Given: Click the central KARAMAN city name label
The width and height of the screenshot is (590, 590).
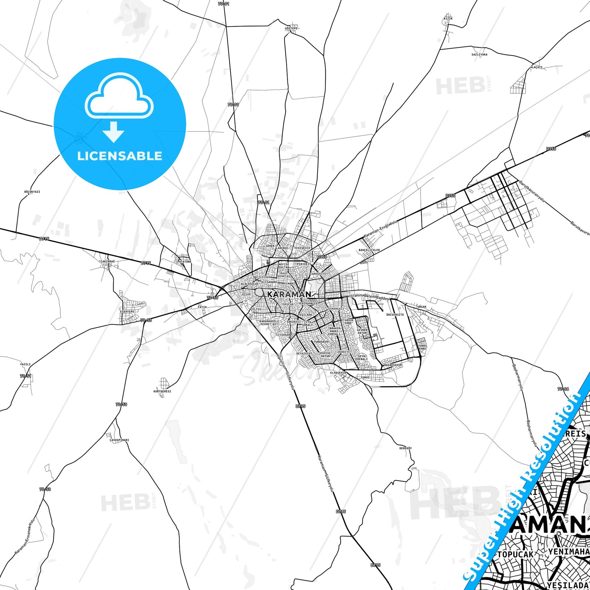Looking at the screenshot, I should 289,295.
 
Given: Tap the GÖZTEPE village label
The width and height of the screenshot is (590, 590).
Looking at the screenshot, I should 291,28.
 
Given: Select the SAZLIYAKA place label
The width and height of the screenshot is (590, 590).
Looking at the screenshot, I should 479,54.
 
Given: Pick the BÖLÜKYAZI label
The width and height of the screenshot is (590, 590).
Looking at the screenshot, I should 32,192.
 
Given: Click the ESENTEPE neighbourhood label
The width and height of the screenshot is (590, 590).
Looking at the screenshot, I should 127,311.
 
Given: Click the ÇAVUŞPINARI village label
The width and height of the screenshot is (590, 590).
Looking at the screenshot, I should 119,440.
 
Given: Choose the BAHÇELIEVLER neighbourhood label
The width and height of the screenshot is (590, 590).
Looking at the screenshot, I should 369,250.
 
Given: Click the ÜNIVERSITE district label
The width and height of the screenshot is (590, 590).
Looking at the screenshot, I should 395,314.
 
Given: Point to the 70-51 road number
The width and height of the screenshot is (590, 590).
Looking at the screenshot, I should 26,376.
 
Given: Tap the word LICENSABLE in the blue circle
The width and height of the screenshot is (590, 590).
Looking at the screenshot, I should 119,156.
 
